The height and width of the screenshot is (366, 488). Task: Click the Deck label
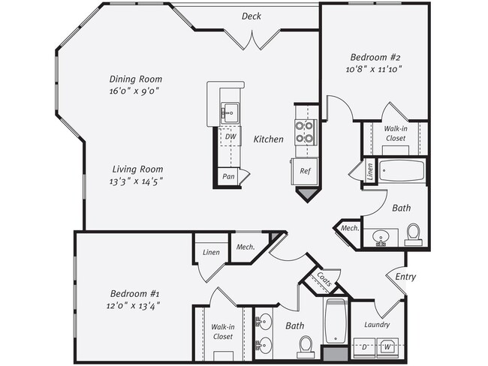(x=251, y=16)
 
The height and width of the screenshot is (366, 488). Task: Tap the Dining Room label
(x=136, y=79)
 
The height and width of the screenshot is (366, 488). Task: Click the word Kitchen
(x=268, y=139)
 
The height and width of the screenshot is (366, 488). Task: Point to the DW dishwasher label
(x=230, y=137)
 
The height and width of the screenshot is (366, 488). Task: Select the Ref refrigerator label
(x=305, y=171)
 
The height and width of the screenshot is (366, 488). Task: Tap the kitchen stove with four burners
(x=305, y=132)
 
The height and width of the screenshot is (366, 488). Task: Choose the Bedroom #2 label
(x=377, y=56)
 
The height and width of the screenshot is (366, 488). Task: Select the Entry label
(x=405, y=277)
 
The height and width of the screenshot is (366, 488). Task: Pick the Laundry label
(x=377, y=325)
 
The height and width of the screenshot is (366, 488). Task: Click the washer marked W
(x=388, y=347)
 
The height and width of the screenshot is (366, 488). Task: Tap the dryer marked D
(x=366, y=347)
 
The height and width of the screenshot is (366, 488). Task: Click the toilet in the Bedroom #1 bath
(x=306, y=344)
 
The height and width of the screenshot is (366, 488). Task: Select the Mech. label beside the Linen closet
(x=246, y=247)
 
